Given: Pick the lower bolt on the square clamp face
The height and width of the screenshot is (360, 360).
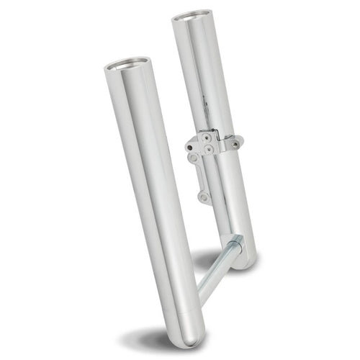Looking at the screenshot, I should (x=210, y=149).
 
